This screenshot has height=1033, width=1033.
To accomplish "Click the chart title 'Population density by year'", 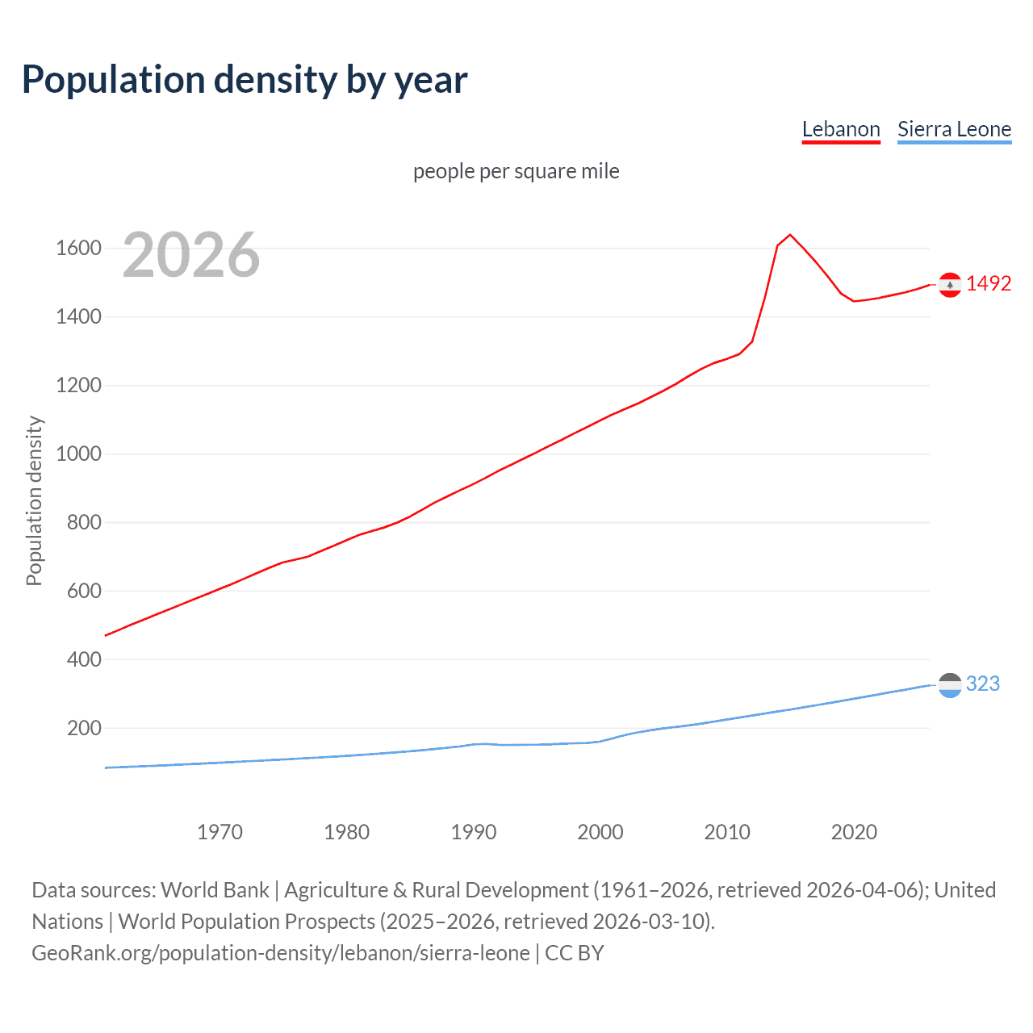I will [245, 80].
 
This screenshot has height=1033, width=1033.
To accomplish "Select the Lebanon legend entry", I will [840, 129].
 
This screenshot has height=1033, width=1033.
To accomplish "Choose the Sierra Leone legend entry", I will [954, 129].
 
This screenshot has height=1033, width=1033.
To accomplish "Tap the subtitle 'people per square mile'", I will [516, 171].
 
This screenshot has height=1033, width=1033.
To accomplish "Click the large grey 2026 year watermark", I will [191, 255].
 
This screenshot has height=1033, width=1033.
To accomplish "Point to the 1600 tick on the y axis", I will [78, 248].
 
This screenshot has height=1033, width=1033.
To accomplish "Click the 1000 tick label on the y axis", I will [78, 454].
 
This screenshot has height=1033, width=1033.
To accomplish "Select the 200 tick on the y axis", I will [84, 728].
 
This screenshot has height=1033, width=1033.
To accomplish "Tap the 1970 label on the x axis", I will [220, 832].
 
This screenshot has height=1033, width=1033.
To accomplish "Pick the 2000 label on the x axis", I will [600, 832].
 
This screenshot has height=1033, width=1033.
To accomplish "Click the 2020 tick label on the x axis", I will [854, 832].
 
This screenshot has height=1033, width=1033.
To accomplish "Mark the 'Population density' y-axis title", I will [34, 500].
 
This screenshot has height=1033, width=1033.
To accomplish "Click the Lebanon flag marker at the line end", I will [950, 284].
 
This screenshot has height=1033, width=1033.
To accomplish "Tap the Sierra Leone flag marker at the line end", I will [950, 685].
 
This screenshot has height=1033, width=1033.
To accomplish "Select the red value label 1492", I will [988, 283].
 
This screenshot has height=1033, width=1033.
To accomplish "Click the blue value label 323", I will [982, 684].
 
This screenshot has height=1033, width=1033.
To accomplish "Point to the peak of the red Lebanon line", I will [790, 235].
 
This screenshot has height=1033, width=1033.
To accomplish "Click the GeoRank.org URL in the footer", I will [281, 953].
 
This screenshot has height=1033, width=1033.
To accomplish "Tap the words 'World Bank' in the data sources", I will [215, 890].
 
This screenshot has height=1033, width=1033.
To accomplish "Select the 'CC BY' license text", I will [575, 953].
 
